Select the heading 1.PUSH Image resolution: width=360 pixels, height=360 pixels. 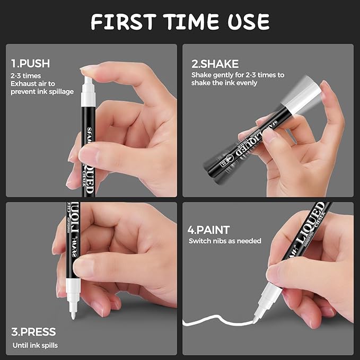(30, 64)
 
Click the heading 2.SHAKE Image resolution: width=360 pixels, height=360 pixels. (215, 64)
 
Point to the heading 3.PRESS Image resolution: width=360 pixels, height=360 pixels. (33, 332)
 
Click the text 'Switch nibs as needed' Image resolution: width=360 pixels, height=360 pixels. (225, 241)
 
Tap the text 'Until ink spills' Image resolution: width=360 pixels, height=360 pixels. (34, 345)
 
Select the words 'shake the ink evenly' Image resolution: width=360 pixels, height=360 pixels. (224, 83)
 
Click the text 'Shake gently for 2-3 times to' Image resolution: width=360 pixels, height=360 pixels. (238, 75)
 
